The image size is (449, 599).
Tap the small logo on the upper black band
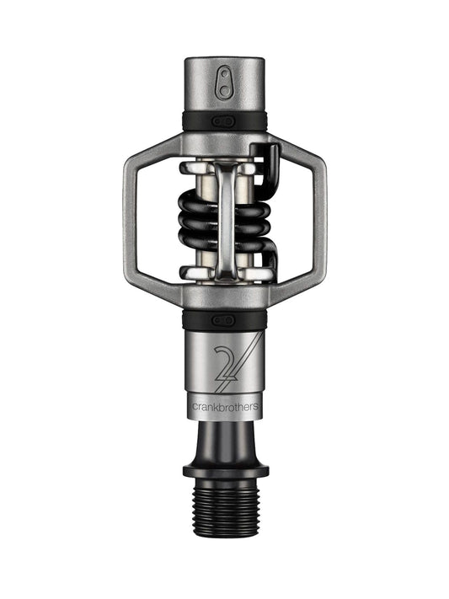pos(224,121)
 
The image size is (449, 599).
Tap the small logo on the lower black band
pos(224,320)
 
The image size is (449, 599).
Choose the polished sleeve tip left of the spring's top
pos(187,168)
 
